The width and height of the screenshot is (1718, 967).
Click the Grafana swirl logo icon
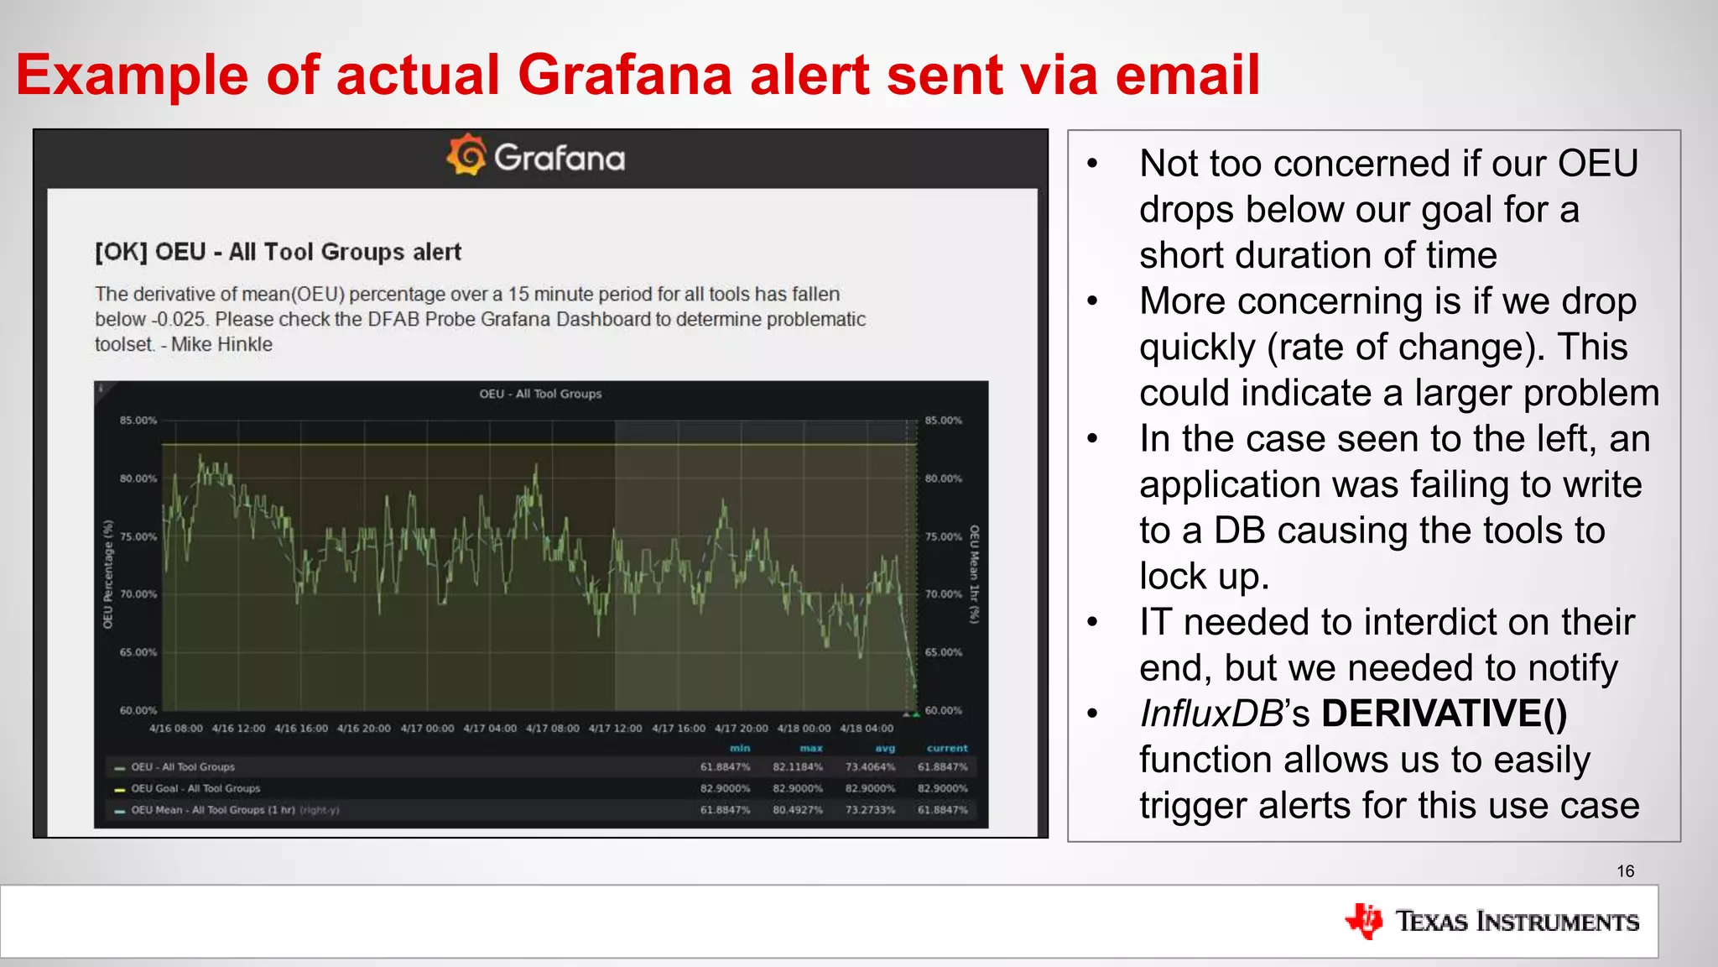[x=466, y=154]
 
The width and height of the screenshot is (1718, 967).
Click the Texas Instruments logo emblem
[x=1364, y=921]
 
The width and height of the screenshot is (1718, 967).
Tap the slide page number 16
[x=1625, y=871]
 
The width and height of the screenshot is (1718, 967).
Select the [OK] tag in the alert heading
[x=121, y=252]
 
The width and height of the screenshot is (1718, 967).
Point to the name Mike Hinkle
[x=221, y=344]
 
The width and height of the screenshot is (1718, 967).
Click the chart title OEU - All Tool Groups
[x=540, y=394]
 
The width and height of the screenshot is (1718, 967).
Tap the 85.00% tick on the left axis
[x=138, y=421]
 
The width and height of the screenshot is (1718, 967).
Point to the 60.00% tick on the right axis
[x=944, y=710]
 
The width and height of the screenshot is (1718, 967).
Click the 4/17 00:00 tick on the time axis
[x=427, y=729]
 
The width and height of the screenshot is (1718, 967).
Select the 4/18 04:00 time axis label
[x=867, y=729]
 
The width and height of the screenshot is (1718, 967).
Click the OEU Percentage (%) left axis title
[x=107, y=574]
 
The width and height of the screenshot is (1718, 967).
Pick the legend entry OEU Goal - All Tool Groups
[x=195, y=788]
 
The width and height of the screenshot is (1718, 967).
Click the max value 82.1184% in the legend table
[x=797, y=767]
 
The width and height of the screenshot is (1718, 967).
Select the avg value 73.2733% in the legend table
[x=870, y=810]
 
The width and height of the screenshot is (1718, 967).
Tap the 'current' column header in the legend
[x=947, y=748]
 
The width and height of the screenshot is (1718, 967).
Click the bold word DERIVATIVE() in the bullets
[x=1444, y=713]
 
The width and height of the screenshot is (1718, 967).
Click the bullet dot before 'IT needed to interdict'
[x=1092, y=622]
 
